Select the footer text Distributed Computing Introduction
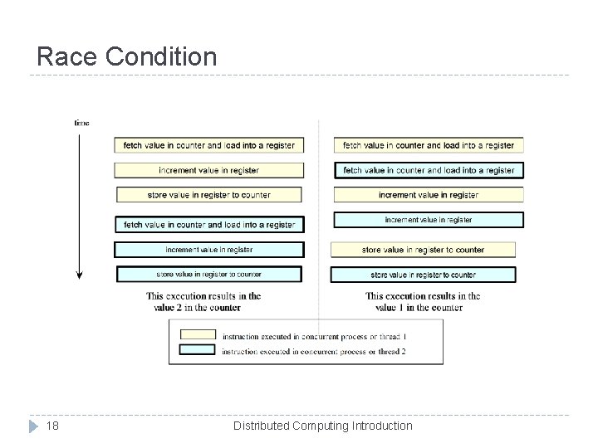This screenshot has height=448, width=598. coord(322,426)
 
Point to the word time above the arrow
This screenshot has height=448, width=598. coord(81,123)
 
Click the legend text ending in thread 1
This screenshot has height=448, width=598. coord(314,336)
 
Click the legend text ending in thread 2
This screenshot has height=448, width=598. coord(314,352)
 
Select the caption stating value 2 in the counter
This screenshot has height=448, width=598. coord(203,301)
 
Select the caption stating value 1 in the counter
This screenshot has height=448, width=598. coord(424,301)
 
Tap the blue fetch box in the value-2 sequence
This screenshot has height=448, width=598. coord(209,225)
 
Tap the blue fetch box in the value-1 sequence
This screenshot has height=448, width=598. coord(429,170)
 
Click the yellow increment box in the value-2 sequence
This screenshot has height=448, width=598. coord(209,170)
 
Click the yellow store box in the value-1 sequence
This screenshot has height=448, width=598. coord(423,250)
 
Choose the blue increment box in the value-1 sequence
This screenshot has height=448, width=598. coord(429,220)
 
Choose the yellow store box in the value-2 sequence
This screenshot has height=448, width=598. coord(209,195)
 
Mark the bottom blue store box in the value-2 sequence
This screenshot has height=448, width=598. coord(209,274)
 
